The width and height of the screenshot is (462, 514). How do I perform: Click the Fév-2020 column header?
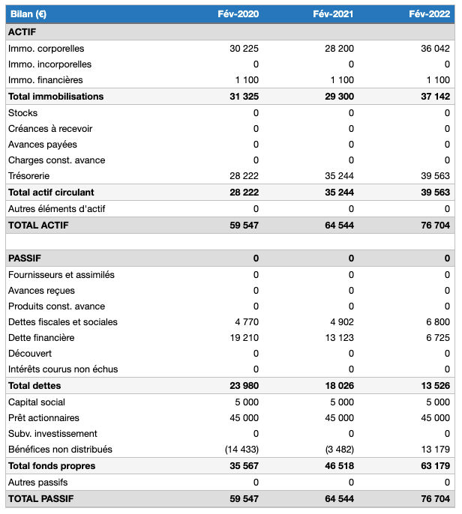pos(238,14)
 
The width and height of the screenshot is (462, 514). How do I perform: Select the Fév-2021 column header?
pos(333,14)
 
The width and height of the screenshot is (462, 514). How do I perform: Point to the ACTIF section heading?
pos(22,32)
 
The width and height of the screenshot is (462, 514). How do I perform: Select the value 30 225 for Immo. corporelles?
pos(244,49)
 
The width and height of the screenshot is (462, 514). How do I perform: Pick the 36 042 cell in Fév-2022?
pos(436,49)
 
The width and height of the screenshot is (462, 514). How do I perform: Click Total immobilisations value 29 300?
pos(339,97)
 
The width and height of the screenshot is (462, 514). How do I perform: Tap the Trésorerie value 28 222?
pos(244,176)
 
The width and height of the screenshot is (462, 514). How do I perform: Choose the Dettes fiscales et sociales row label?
pos(63,322)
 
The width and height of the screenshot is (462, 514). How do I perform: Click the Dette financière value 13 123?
pos(339,338)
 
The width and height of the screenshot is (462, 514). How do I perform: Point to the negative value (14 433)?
pos(241,450)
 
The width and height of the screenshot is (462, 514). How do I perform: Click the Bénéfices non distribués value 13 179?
pos(436,450)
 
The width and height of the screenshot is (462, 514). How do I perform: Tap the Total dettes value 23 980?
pos(244,386)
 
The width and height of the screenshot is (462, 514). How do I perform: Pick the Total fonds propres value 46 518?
pos(339,466)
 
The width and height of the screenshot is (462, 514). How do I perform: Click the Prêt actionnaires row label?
pos(43,418)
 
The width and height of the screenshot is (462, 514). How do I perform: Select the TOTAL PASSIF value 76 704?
pos(436,498)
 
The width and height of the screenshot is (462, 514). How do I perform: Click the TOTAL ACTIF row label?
pos(38,225)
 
